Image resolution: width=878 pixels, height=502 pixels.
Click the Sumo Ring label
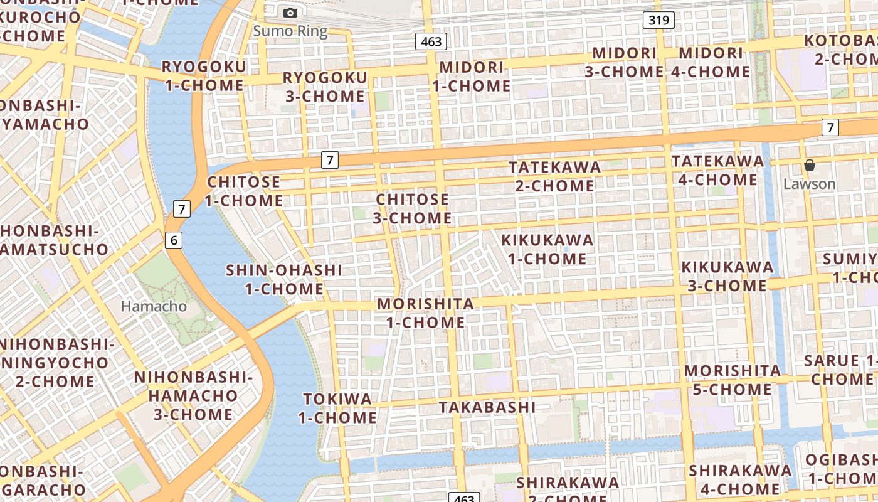tap(290, 31)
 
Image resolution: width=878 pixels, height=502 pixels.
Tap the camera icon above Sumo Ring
tap(290, 13)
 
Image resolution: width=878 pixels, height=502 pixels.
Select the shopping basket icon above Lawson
tap(810, 165)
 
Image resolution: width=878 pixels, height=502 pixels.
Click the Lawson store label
tap(810, 184)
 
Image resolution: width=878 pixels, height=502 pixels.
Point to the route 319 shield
tap(658, 20)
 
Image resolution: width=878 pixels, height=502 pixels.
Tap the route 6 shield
tap(174, 239)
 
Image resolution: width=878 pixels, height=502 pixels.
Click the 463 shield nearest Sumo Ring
tap(431, 42)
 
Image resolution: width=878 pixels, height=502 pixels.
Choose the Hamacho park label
tap(154, 306)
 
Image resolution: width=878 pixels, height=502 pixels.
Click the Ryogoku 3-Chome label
tap(325, 87)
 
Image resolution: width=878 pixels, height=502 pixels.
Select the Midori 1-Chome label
tap(472, 76)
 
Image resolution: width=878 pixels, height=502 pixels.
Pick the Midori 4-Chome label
tap(711, 62)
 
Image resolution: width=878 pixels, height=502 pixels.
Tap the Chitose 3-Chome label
tap(413, 208)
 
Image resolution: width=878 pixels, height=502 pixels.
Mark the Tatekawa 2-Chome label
tap(555, 176)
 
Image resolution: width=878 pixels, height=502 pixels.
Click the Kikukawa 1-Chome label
tap(547, 248)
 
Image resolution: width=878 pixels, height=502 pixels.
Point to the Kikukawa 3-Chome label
tap(727, 276)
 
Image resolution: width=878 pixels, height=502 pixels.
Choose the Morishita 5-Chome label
tap(733, 380)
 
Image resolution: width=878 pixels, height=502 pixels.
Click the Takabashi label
tap(487, 407)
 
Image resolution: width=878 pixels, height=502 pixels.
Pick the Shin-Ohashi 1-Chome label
tap(284, 279)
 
